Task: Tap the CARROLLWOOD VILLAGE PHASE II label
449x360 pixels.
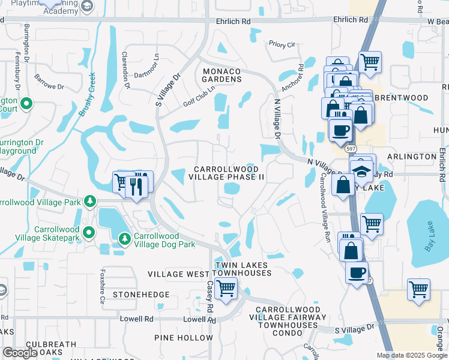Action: point(226,173)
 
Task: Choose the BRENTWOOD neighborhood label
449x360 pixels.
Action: point(409,98)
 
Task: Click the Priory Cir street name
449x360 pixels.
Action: point(282,44)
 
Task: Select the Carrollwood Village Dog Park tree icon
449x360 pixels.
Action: point(125,239)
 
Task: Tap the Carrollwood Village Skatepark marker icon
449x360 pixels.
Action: point(89,232)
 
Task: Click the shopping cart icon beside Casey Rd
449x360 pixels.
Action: point(226,289)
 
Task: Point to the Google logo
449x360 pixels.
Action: point(20,353)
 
